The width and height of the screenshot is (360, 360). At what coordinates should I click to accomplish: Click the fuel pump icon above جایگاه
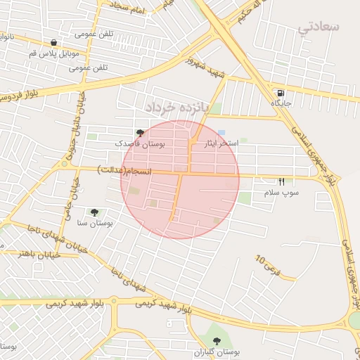pos(281,93)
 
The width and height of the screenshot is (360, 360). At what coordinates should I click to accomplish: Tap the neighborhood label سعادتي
pos(319,27)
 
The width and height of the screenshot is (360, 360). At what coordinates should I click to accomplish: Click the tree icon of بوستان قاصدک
pos(140,132)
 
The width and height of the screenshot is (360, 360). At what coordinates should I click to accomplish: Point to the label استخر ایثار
pos(221,143)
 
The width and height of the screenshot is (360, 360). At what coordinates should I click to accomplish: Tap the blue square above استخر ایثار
pos(221,132)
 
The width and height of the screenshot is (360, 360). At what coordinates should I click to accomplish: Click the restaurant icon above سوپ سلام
pos(281,181)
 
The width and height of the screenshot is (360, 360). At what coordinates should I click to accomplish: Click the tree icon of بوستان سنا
pos(94,212)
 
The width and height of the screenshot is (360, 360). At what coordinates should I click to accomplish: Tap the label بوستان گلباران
pos(217,352)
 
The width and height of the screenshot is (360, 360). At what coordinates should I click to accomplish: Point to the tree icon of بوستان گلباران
pos(217,341)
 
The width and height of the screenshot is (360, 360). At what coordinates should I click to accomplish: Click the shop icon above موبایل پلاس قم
pos(54,43)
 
